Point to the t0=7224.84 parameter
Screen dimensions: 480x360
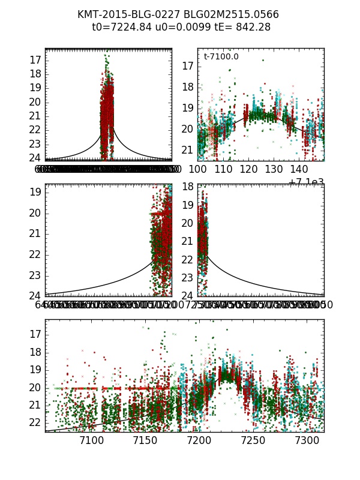click(118, 27)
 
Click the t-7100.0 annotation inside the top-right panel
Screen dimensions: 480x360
click(221, 57)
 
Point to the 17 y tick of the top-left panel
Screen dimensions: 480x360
click(34, 59)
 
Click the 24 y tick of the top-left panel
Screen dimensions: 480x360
click(34, 158)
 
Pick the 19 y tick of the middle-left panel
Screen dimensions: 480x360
click(34, 192)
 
